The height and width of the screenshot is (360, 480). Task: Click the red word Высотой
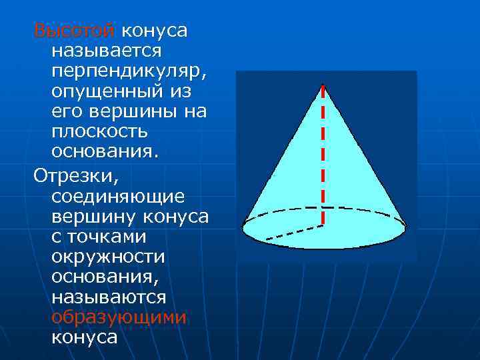point(75,31)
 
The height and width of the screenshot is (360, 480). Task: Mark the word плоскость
point(99,131)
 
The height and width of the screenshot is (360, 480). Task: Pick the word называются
point(109,297)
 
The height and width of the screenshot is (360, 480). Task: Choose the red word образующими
point(119,317)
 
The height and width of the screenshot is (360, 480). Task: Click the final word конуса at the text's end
point(84,337)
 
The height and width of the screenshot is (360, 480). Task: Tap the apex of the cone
point(323,85)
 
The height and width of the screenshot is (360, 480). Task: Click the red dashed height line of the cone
point(323,153)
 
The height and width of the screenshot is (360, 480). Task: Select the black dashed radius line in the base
point(293,232)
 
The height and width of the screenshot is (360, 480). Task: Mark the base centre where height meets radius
point(323,225)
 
